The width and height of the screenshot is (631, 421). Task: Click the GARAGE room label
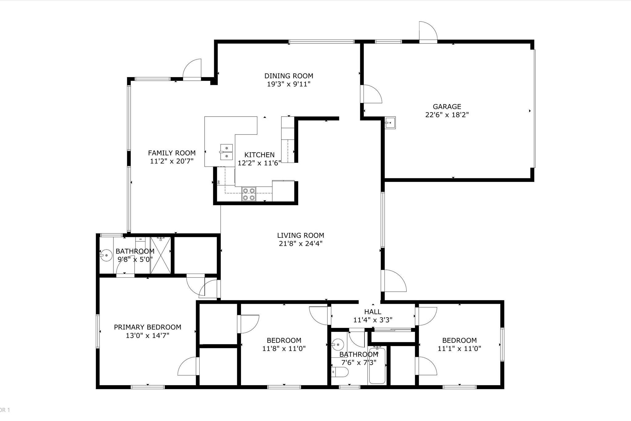click(447, 107)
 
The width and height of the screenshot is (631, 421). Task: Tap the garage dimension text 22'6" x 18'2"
click(447, 115)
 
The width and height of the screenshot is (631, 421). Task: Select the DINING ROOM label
click(289, 76)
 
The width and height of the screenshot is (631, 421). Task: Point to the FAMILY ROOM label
click(172, 153)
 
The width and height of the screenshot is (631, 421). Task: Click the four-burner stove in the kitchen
click(249, 194)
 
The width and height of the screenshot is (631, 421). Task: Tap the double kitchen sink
click(226, 152)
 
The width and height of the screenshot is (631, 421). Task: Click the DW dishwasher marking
click(219, 182)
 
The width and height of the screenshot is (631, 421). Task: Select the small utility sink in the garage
click(390, 123)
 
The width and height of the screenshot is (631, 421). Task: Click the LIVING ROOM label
click(300, 236)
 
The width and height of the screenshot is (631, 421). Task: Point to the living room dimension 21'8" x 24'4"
click(300, 244)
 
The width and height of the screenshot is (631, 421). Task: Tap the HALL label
click(373, 312)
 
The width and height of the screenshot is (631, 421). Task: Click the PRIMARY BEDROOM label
click(148, 327)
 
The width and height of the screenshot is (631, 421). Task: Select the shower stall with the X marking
click(160, 255)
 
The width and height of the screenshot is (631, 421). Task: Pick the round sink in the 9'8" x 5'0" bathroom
click(106, 255)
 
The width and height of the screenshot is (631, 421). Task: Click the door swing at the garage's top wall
click(428, 31)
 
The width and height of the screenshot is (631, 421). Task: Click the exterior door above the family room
click(192, 69)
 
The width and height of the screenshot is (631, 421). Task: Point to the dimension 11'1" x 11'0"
click(459, 349)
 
